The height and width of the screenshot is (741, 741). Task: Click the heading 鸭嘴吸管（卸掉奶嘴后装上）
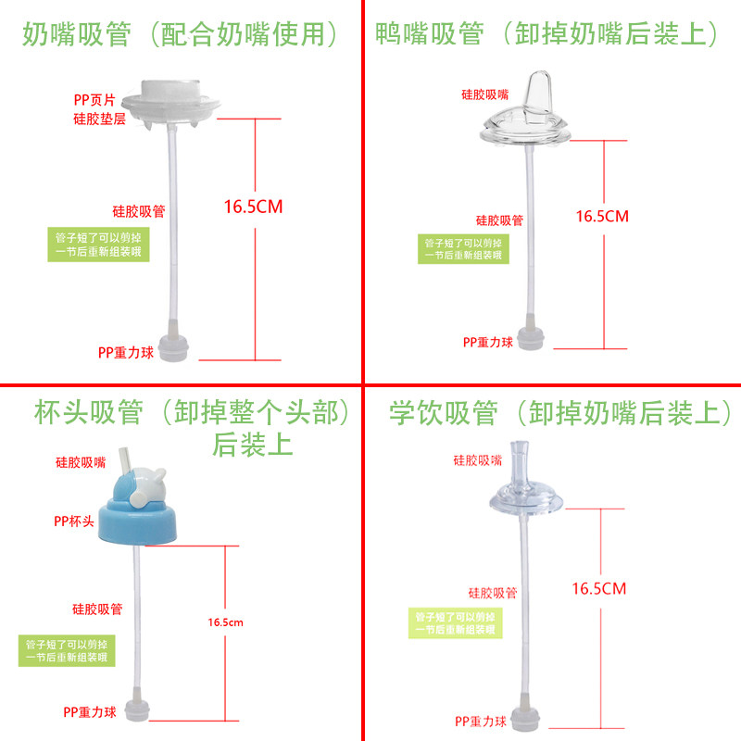pos(548,35)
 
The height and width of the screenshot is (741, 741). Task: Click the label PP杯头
pos(74,521)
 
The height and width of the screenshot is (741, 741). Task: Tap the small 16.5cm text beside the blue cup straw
pos(226,623)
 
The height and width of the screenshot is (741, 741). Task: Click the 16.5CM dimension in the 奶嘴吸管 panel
pos(253,207)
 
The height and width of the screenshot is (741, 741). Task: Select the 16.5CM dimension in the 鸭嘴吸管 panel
pos(602,216)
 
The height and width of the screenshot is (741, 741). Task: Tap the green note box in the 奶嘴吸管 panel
pos(98,245)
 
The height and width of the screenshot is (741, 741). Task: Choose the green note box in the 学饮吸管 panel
pos(458,622)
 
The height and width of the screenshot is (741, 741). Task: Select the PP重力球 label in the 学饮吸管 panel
pos(480,722)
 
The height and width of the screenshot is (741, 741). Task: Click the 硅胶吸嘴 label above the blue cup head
pos(80,461)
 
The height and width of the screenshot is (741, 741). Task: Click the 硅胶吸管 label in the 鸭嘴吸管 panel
pos(499,220)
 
